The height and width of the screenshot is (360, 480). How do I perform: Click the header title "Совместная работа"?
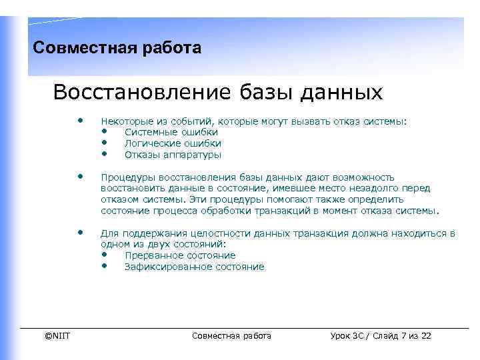click(x=117, y=49)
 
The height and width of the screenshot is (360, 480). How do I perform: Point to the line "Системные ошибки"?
click(x=162, y=132)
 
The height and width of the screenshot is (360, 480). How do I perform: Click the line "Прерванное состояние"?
click(x=180, y=255)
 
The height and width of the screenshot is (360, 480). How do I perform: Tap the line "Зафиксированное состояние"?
click(x=194, y=267)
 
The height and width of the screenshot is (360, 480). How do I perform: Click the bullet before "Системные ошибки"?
click(x=105, y=132)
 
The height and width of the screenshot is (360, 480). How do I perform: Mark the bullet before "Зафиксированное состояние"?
click(x=105, y=267)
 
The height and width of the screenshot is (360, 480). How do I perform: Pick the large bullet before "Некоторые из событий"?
click(x=80, y=121)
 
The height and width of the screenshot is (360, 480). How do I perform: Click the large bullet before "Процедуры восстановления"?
click(x=80, y=177)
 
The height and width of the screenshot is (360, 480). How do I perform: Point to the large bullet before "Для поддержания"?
click(x=80, y=233)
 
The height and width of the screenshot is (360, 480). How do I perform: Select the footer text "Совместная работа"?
click(x=231, y=335)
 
